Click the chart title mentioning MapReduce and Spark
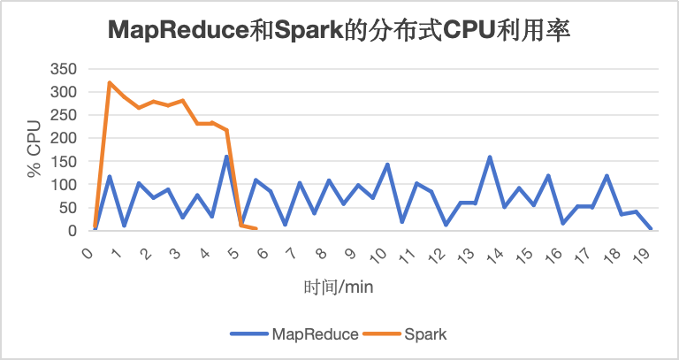339,31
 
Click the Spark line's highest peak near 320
110,82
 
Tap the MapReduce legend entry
294,334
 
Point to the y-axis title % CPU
34,149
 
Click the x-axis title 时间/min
339,287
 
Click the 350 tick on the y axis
64,69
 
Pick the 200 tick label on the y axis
64,138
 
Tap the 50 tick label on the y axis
68,208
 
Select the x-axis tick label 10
378,255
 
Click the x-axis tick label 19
642,255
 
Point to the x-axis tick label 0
88,253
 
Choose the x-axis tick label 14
495,255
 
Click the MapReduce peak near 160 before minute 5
226,157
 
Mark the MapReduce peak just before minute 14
490,157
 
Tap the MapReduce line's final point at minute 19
651,228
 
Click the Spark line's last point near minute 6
256,228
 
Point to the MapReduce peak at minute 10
387,165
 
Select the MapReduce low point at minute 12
446,225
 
